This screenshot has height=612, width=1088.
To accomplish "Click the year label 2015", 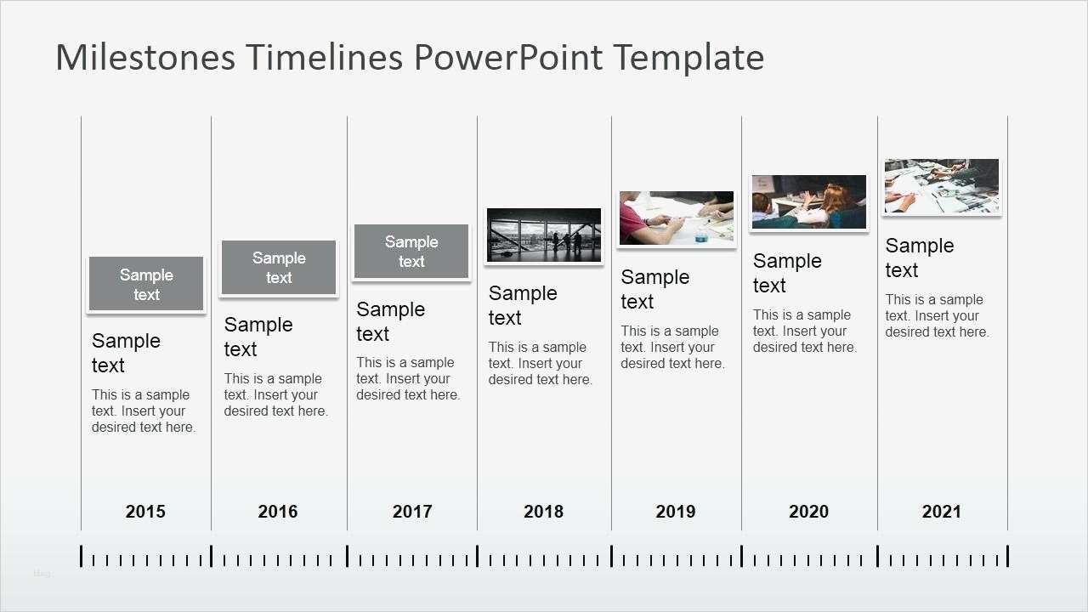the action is [145, 512].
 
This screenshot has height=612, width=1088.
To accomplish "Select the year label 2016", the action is [277, 512].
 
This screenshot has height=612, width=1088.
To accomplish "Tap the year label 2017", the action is [412, 512].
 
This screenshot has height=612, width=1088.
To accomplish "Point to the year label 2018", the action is [543, 512].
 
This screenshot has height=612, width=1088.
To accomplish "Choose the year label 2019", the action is [676, 512].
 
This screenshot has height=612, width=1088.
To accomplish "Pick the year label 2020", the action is [808, 512].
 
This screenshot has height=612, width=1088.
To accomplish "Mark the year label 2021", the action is [941, 512].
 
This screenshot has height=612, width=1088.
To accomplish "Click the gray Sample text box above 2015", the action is [146, 284].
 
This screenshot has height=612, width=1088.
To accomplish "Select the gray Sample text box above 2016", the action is [279, 267].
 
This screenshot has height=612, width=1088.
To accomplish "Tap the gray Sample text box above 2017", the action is [411, 251].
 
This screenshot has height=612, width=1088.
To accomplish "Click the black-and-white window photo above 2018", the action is [544, 235].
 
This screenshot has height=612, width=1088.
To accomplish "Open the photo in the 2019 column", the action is [677, 218].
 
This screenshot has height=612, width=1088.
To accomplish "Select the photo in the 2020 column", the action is [809, 202].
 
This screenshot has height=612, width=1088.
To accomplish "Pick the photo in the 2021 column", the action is [942, 186].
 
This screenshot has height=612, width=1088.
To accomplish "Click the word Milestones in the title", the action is [145, 57].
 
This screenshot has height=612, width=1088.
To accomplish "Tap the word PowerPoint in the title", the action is [508, 57].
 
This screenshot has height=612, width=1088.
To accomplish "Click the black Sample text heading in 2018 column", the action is [523, 305].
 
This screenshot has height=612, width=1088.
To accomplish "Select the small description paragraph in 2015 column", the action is [144, 411].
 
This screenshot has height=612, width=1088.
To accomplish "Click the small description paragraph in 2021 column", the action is [938, 315].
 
